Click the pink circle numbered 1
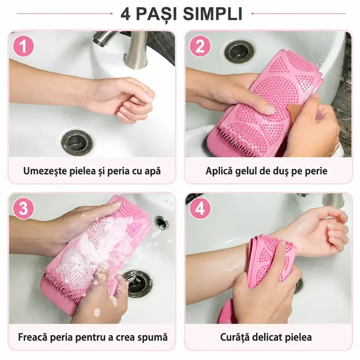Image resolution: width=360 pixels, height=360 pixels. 23,46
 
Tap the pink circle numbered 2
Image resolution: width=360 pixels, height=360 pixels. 200,46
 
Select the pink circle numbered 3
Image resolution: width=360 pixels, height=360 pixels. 23,209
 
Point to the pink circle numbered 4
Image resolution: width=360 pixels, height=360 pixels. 200,209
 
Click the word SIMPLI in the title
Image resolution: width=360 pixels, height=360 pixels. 212,14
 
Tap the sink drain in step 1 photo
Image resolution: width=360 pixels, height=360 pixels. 77,143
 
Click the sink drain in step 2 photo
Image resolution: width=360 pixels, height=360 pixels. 240,52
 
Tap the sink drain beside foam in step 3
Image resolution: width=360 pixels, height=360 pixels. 137,283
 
